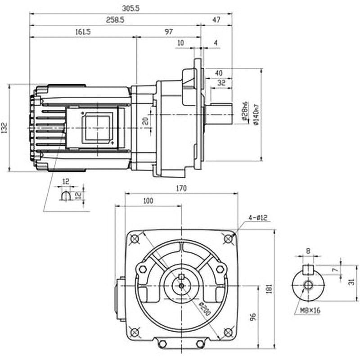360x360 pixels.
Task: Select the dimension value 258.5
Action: (x=115, y=20)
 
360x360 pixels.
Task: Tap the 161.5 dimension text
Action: (x=82, y=32)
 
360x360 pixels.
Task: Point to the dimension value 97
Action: (x=169, y=32)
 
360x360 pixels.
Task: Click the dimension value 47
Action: (x=216, y=20)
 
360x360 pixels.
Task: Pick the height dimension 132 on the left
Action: (x=4, y=128)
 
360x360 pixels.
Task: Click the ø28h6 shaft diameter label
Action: (x=245, y=111)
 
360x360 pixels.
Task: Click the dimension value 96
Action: (x=253, y=317)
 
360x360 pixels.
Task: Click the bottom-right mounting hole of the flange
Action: (x=228, y=333)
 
